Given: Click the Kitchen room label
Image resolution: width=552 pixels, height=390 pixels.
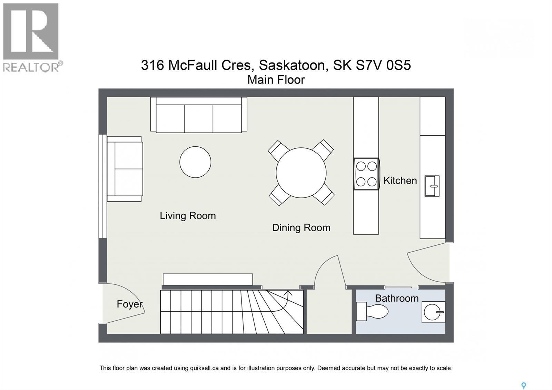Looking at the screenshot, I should tap(400, 181).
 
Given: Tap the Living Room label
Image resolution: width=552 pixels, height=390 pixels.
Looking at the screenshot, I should tap(188, 216).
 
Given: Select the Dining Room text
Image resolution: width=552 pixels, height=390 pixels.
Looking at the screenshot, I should tap(301, 228).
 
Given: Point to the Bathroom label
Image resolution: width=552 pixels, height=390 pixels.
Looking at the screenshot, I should tap(396, 298).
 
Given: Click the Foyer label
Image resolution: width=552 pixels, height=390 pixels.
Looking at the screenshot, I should tap(129, 304).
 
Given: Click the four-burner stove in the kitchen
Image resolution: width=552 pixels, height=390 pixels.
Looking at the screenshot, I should tap(366, 174).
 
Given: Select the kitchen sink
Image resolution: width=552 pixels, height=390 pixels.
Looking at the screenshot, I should tap(432, 186).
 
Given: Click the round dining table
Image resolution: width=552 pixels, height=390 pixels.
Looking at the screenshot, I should tap(301, 173).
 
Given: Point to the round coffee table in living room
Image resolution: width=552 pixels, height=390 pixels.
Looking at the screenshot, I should tap(195, 162).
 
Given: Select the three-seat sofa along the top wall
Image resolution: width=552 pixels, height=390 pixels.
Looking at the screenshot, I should tap(198, 115).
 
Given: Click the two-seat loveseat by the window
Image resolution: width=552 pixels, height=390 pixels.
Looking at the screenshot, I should tap(125, 169).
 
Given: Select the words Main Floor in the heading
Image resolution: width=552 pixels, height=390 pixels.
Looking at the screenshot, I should tap(276, 80).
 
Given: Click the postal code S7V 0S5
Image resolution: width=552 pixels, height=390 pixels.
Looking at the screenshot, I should tap(383, 65).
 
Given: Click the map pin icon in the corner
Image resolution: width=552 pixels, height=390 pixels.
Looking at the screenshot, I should tap(523, 385).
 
